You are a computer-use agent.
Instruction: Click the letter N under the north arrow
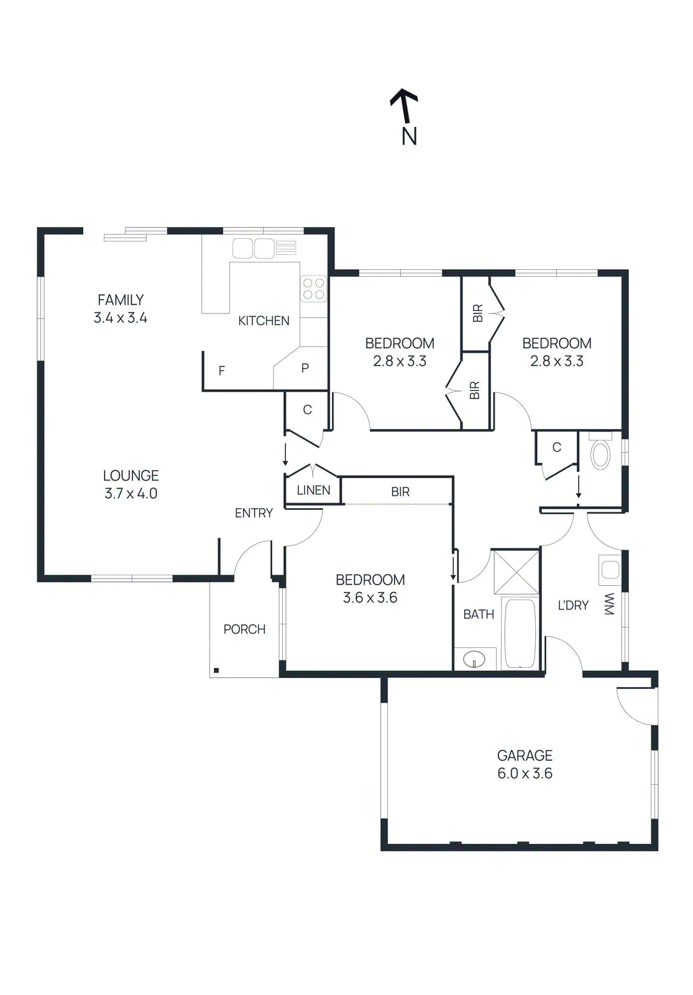click(x=409, y=136)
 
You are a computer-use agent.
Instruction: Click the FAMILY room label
click(x=121, y=300)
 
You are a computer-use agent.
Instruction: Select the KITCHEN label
click(x=264, y=321)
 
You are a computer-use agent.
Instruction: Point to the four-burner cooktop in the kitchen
click(x=314, y=289)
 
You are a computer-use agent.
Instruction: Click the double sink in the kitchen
click(x=254, y=248)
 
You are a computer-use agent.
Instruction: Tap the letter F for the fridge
click(x=222, y=371)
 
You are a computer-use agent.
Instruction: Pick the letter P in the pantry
click(x=305, y=368)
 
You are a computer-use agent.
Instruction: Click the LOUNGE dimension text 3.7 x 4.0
click(x=131, y=494)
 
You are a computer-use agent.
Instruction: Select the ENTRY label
click(x=254, y=513)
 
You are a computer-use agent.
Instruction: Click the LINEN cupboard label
click(x=313, y=491)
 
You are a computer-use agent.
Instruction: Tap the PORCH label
click(x=244, y=629)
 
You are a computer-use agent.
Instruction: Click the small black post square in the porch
click(x=216, y=670)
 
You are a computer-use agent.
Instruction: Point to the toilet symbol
click(x=600, y=455)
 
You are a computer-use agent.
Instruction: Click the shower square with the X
click(x=516, y=572)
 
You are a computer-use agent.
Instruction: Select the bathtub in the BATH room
click(x=520, y=633)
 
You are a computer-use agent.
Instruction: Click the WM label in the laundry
click(x=608, y=604)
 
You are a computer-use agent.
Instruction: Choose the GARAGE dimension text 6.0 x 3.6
click(x=525, y=774)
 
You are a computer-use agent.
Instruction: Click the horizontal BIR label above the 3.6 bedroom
click(x=400, y=492)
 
